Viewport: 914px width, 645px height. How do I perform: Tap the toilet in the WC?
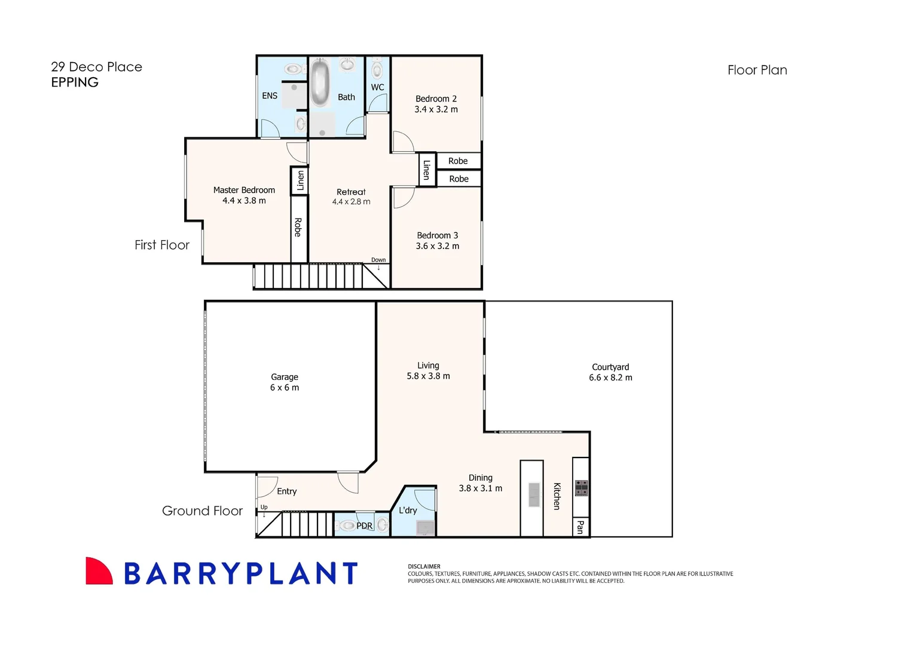pyautogui.click(x=377, y=69)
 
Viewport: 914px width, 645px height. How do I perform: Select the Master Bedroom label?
pyautogui.click(x=244, y=190)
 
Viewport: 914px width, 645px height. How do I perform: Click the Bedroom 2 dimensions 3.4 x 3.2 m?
pyautogui.click(x=436, y=109)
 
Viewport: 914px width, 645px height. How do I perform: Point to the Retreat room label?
pyautogui.click(x=351, y=192)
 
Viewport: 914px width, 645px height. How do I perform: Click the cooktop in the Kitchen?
pyautogui.click(x=581, y=488)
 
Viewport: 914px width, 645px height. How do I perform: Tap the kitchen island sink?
pyautogui.click(x=534, y=495)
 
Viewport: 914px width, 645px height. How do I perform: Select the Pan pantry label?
pyautogui.click(x=580, y=527)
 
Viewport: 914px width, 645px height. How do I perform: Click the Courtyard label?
pyautogui.click(x=610, y=367)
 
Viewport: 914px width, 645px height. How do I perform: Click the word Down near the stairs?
pyautogui.click(x=378, y=260)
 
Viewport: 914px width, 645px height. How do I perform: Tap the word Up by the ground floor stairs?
pyautogui.click(x=264, y=507)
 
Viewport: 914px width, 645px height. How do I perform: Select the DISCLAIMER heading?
pyautogui.click(x=424, y=566)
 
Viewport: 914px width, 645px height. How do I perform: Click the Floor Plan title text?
pyautogui.click(x=757, y=70)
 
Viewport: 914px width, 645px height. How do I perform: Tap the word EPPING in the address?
pyautogui.click(x=75, y=82)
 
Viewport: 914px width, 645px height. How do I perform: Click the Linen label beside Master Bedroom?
pyautogui.click(x=300, y=180)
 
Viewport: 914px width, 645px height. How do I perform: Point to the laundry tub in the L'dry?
pyautogui.click(x=425, y=527)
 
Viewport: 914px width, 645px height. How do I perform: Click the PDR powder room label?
pyautogui.click(x=364, y=526)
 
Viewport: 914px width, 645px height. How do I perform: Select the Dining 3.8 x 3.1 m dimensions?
pyautogui.click(x=480, y=488)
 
